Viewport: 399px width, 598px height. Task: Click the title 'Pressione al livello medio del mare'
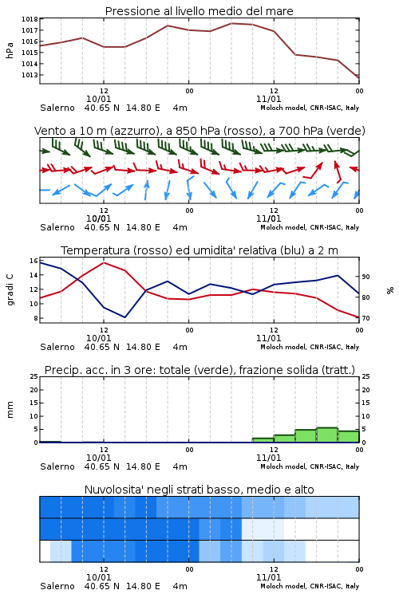click(x=199, y=11)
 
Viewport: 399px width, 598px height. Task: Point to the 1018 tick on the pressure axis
click(x=30, y=19)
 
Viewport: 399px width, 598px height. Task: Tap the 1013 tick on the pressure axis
click(x=30, y=75)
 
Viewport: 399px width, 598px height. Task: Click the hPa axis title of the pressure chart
click(x=10, y=50)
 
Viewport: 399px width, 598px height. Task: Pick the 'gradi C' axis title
click(x=10, y=290)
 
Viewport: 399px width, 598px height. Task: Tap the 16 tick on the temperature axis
click(x=34, y=261)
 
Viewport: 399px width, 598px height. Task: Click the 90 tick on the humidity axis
click(x=365, y=277)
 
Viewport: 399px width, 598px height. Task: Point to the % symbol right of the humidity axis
click(x=390, y=290)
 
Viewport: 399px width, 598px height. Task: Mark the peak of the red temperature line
click(x=104, y=263)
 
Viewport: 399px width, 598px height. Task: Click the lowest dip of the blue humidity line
click(x=124, y=317)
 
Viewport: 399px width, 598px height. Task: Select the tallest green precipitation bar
click(x=327, y=435)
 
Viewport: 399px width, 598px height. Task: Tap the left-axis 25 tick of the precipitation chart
click(x=34, y=376)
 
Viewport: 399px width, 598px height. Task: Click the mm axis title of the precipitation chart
click(x=10, y=410)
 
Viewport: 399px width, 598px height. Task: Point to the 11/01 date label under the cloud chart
click(x=268, y=577)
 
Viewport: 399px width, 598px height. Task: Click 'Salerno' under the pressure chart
click(x=57, y=108)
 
